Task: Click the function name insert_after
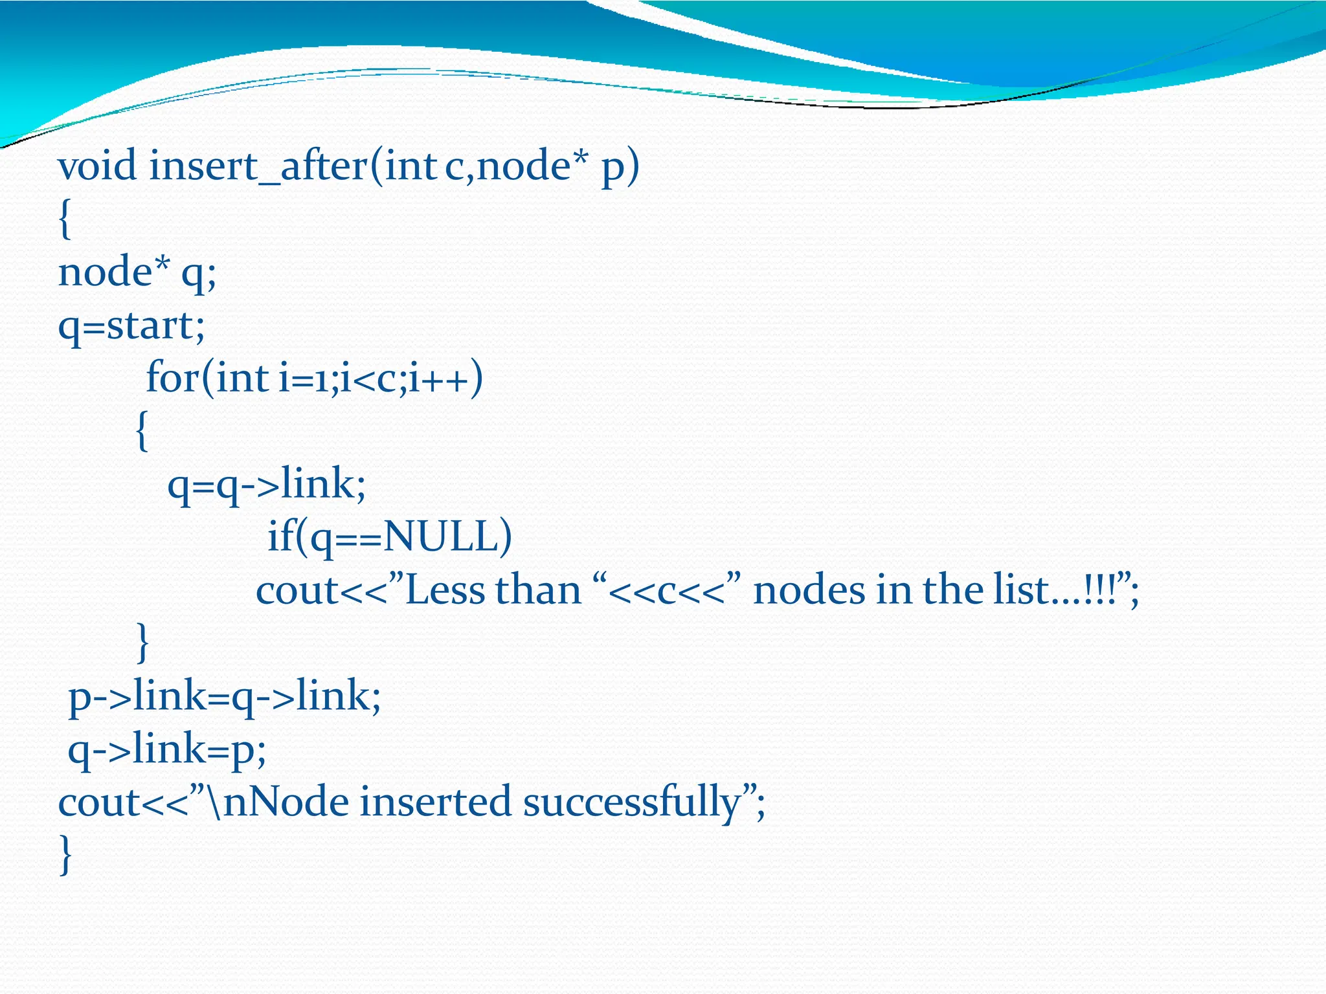click(258, 167)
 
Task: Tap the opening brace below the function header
click(65, 220)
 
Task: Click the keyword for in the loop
click(172, 378)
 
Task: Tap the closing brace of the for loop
click(142, 643)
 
